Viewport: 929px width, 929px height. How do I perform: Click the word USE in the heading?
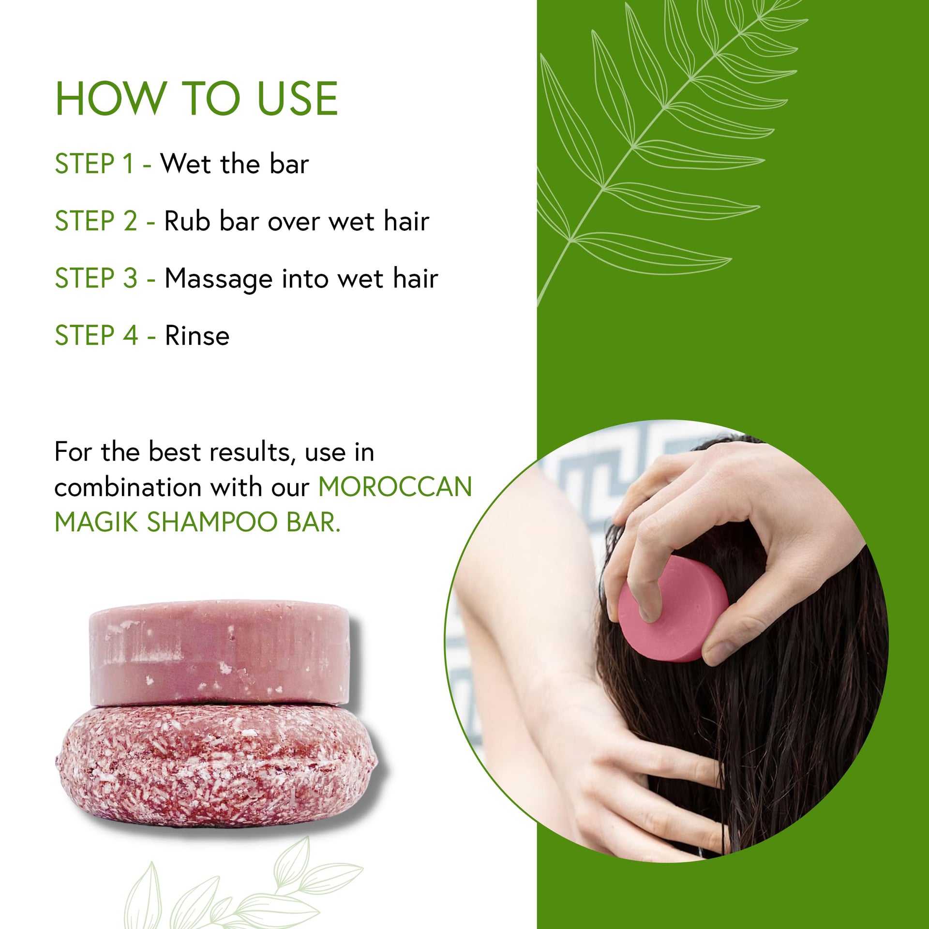point(297,99)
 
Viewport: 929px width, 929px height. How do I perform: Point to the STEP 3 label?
point(96,278)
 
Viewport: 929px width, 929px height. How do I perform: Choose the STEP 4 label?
point(97,335)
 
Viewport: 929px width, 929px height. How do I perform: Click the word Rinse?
point(197,335)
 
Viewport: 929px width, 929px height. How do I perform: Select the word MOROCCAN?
point(395,487)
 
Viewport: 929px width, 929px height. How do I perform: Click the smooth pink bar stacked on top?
point(220,653)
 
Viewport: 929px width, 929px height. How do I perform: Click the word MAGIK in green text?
point(97,522)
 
